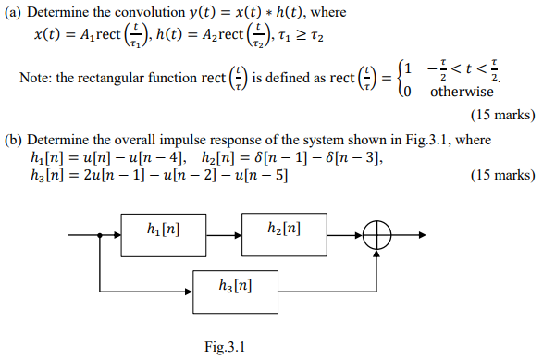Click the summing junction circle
[x=377, y=238]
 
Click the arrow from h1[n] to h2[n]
[x=226, y=238]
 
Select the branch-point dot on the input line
[x=99, y=238]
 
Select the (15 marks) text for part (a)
[x=502, y=117]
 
